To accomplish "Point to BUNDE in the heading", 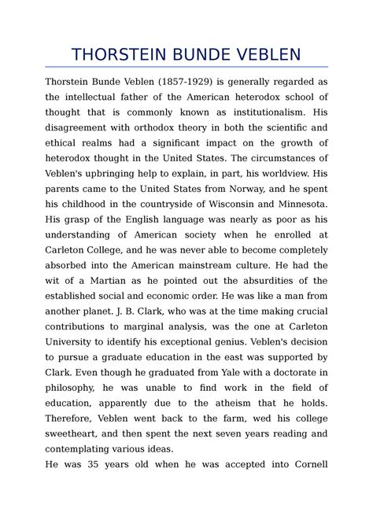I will pyautogui.click(x=194, y=54).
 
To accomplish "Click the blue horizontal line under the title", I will pyautogui.click(x=186, y=68).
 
